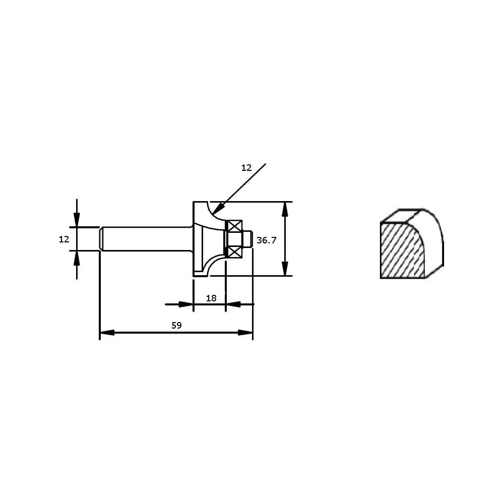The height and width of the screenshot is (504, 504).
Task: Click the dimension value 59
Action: (x=176, y=325)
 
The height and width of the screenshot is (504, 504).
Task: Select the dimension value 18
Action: (x=211, y=298)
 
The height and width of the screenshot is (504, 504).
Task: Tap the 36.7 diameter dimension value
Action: (x=267, y=240)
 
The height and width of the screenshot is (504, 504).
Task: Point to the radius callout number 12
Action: (x=246, y=168)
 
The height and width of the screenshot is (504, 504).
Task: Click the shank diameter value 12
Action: (x=64, y=239)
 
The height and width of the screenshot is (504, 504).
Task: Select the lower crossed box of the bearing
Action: (x=235, y=253)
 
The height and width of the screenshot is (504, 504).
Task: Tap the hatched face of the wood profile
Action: (x=402, y=250)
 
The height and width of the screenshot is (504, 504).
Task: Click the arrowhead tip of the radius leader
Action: (x=213, y=215)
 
